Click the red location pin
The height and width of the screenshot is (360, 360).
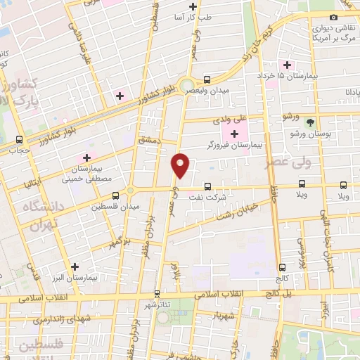[x=181, y=165]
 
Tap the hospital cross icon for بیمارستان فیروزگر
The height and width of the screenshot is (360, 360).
[x=234, y=134]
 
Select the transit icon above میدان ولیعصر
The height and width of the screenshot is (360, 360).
[x=207, y=79]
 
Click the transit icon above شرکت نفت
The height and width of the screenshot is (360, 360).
[x=207, y=186]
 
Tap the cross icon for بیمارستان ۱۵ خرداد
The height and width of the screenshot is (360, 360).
[x=288, y=64]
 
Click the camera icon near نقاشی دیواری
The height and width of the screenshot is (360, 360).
[x=333, y=17]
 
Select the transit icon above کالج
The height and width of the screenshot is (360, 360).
[x=282, y=267]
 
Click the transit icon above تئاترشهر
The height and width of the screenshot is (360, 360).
[x=157, y=293]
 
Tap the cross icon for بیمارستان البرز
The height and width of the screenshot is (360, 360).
[x=75, y=266]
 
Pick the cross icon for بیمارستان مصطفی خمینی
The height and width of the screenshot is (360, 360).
[x=86, y=158]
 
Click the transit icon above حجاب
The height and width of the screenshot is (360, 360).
[x=19, y=139]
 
